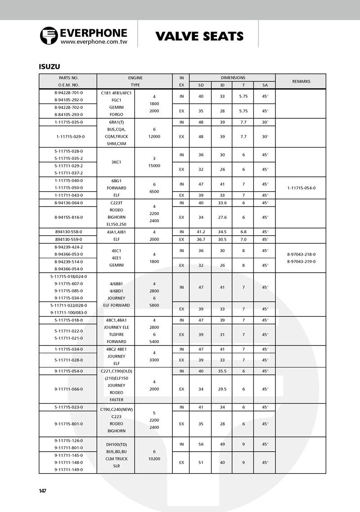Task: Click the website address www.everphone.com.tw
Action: click(94, 41)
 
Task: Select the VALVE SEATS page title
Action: click(199, 36)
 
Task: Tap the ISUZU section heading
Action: click(49, 67)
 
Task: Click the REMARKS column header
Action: click(301, 81)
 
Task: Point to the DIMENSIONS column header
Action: click(233, 78)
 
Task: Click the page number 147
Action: click(43, 491)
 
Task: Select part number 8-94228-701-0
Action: click(68, 93)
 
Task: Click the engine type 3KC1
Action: click(116, 162)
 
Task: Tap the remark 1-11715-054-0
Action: click(301, 188)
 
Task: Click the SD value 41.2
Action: click(201, 232)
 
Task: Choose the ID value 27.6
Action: click(222, 217)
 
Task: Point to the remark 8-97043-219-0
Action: click(301, 261)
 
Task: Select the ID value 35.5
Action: click(222, 371)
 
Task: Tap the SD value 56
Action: click(201, 444)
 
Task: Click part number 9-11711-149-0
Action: click(68, 470)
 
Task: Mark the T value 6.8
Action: click(243, 232)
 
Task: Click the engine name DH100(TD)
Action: click(116, 444)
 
